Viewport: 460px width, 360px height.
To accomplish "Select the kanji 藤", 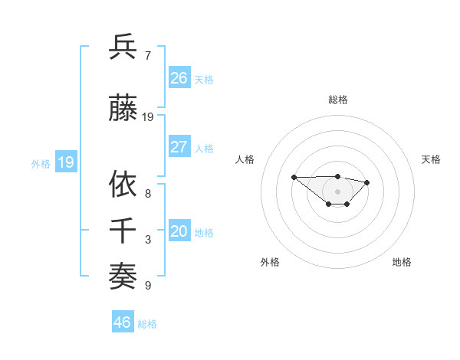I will click(x=123, y=109).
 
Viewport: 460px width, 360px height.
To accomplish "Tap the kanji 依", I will click(x=123, y=184).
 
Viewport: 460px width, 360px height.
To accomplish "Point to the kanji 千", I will click(x=123, y=231).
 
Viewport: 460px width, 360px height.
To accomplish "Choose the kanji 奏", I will click(x=123, y=277).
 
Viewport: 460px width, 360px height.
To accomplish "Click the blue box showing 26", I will click(x=179, y=78).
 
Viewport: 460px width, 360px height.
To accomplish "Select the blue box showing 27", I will click(x=179, y=147).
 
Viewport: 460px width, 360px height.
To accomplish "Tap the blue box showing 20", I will click(x=179, y=232).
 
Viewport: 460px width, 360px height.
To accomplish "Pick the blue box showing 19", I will click(x=66, y=162).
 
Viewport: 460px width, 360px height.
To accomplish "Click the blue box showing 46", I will click(x=123, y=322).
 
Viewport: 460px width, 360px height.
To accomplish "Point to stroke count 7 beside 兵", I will click(x=148, y=55).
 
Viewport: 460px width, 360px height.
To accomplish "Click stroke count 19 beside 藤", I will click(x=148, y=117).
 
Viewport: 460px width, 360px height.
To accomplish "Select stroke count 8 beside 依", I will click(x=148, y=193).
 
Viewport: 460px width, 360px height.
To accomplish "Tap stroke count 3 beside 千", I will click(x=148, y=240).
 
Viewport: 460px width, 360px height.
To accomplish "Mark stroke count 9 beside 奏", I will click(x=148, y=286).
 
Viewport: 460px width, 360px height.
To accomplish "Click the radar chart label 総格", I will click(x=337, y=100).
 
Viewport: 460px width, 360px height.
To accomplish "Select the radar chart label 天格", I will click(x=431, y=159).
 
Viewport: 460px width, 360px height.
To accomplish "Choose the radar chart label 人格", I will click(x=245, y=159).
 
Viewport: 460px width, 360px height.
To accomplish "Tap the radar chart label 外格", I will click(x=270, y=262).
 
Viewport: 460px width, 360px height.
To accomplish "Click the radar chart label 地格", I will click(x=402, y=262).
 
